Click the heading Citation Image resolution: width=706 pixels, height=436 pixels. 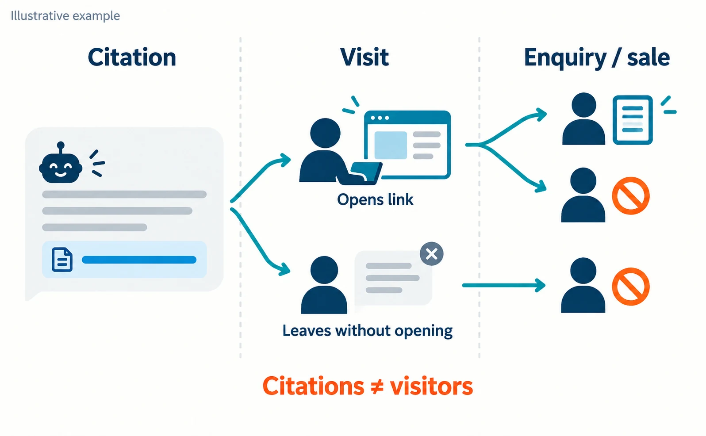[x=132, y=57]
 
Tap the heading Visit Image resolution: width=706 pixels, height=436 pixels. [x=365, y=57]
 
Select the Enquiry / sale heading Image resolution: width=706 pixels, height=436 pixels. [x=597, y=58]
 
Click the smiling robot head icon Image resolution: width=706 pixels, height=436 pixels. [x=61, y=163]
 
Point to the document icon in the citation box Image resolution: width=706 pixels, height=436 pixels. [x=62, y=260]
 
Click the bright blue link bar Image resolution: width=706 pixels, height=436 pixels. [x=139, y=260]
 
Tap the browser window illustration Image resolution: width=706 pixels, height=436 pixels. [x=407, y=145]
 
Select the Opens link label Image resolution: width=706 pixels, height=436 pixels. [x=375, y=199]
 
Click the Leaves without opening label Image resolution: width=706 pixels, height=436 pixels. [x=368, y=331]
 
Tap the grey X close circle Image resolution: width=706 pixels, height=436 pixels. [x=431, y=254]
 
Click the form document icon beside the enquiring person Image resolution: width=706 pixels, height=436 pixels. [x=633, y=120]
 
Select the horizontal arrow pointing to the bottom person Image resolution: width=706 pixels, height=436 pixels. [x=504, y=285]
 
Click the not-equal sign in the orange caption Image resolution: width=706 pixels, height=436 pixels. [x=377, y=386]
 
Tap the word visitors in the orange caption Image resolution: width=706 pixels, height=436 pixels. [x=431, y=386]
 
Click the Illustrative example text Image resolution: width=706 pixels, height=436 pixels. [x=65, y=16]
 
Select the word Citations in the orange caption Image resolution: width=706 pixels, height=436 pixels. [x=313, y=386]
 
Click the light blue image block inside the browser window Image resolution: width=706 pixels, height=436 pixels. [x=391, y=145]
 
